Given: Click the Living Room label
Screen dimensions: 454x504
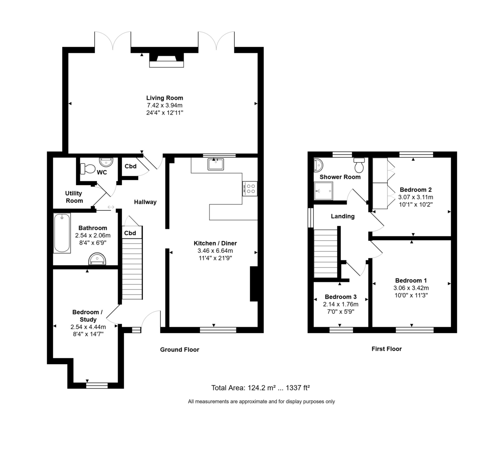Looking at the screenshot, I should click(x=165, y=98).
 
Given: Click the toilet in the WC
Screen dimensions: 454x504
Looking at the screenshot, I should click(x=88, y=169).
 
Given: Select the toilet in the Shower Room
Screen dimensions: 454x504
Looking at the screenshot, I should click(x=359, y=166).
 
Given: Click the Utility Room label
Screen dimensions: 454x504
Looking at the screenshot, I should click(x=74, y=197).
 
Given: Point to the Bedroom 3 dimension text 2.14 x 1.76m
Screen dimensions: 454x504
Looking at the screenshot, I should click(x=341, y=304).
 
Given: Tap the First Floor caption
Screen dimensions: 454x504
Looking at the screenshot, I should click(x=386, y=349).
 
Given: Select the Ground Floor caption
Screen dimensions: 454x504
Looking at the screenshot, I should click(x=179, y=349).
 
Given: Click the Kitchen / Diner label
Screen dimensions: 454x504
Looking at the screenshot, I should click(x=215, y=243).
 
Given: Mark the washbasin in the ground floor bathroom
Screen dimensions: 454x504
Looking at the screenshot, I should click(x=98, y=259).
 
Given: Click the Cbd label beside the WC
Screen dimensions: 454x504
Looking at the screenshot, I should click(x=131, y=166).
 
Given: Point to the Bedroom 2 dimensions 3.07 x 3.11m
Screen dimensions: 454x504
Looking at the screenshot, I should click(x=415, y=197).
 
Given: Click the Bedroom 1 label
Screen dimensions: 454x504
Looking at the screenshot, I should click(x=411, y=281).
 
